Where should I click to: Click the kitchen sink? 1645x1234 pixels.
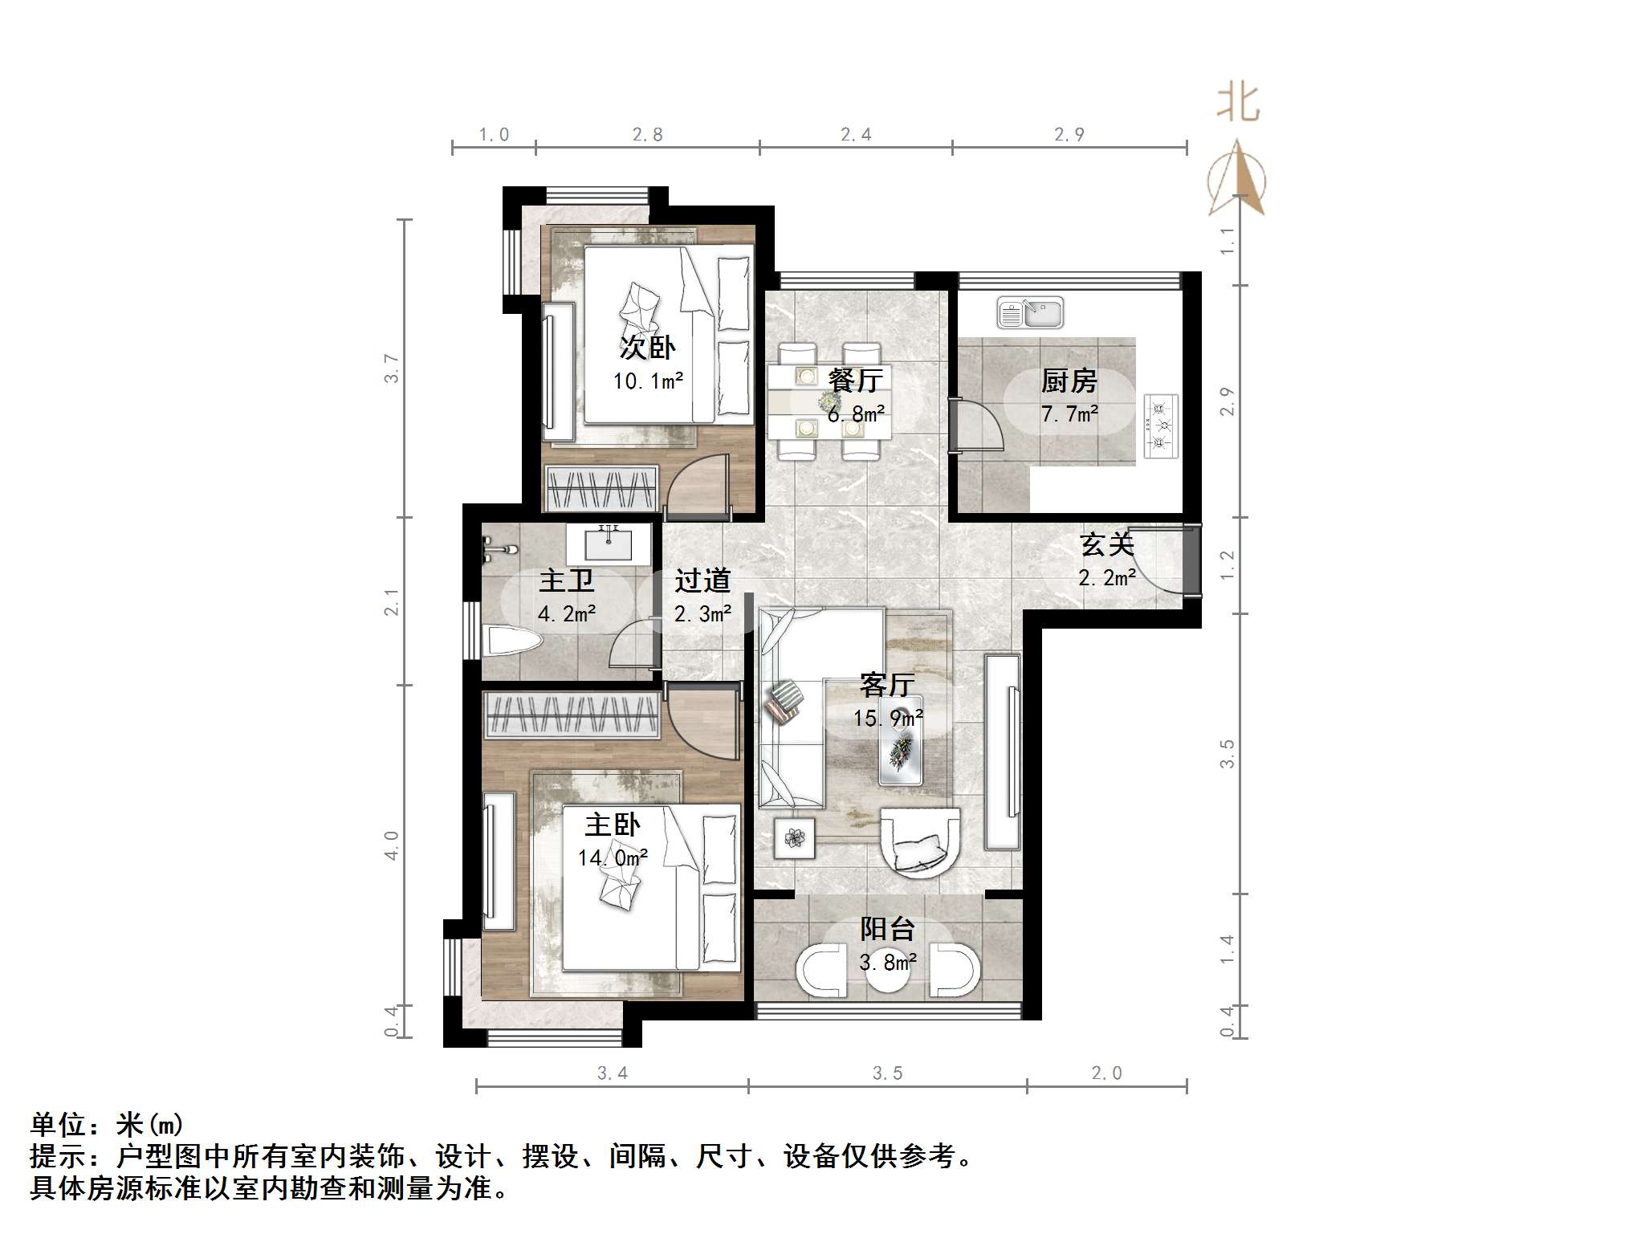pos(1030,313)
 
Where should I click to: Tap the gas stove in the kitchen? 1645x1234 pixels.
pos(1161,426)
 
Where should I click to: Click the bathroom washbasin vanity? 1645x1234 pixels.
pos(609,544)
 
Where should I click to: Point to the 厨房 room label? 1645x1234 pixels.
pos(1069,381)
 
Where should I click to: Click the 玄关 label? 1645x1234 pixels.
pos(1106,545)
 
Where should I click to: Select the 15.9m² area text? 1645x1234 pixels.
pos(887,717)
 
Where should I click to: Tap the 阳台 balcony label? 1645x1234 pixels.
pos(887,929)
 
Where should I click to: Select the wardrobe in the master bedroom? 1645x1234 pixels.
pos(572,714)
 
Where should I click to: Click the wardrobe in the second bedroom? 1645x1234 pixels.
pos(601,488)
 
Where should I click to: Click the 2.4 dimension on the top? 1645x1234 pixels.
pos(856,135)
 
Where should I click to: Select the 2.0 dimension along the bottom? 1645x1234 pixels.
pos(1106,1073)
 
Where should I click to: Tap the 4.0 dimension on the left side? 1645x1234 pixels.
pos(391,845)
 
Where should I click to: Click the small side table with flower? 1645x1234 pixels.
pos(794,838)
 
